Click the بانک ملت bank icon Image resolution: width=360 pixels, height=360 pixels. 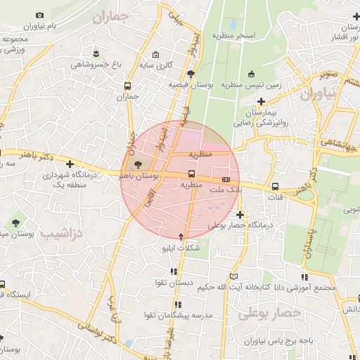click(226, 179)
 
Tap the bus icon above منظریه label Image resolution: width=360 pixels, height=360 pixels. click(191, 174)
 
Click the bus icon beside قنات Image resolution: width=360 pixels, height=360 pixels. click(275, 187)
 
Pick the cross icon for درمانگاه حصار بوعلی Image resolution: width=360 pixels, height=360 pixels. click(240, 214)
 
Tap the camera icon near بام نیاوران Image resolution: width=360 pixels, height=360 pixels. click(39, 15)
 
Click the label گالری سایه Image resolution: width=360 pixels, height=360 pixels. click(155, 65)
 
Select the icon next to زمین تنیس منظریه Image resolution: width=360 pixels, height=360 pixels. click(252, 75)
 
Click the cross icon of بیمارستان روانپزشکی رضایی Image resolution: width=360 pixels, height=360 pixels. click(261, 101)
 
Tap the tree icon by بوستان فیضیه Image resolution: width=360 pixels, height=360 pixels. click(191, 73)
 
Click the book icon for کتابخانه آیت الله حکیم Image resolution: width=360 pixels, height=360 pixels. click(234, 276)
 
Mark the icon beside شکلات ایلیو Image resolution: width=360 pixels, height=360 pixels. click(181, 237)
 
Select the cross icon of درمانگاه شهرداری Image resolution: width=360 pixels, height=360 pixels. click(70, 164)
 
